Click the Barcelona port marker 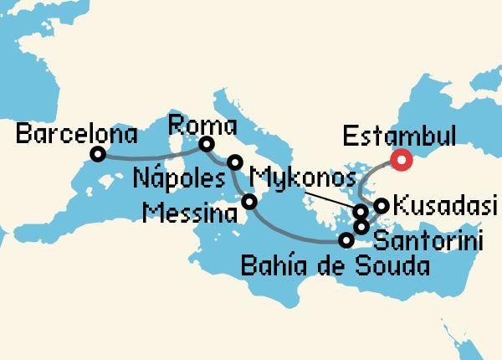(x=98, y=154)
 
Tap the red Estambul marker (x=403, y=159)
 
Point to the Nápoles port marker (x=236, y=162)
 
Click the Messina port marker (x=248, y=201)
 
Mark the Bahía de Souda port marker (x=346, y=240)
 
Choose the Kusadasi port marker (x=381, y=205)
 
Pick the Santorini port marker (x=361, y=226)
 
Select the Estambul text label (x=399, y=136)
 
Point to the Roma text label (x=202, y=126)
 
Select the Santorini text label (x=428, y=243)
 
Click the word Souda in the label (x=390, y=267)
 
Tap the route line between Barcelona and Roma (x=151, y=156)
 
